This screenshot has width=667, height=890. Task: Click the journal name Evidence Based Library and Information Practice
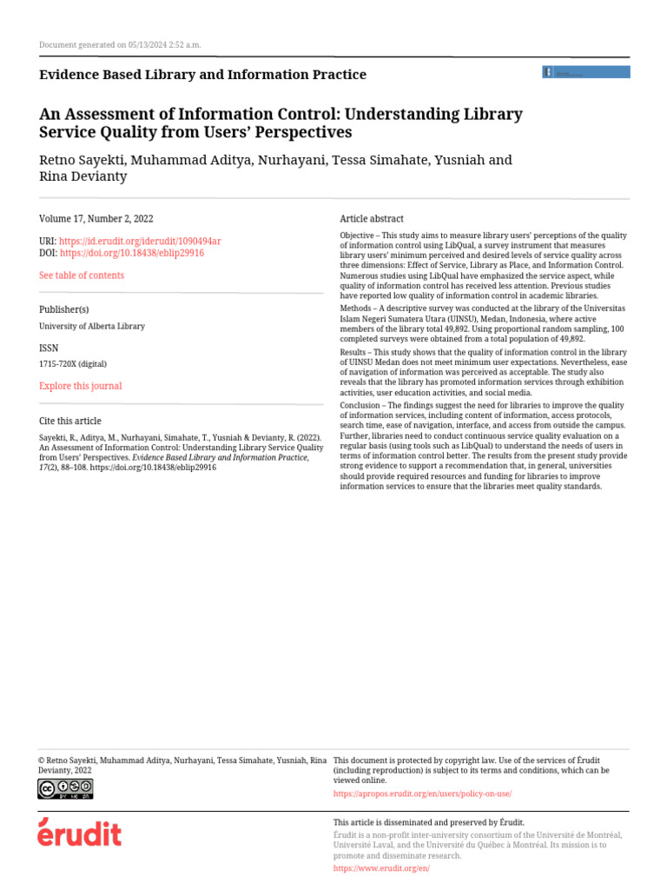click(202, 75)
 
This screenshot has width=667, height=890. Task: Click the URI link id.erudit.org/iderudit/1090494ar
click(140, 241)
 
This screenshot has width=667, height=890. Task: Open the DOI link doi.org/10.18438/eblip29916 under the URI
click(131, 253)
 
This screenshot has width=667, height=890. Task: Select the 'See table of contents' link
click(82, 276)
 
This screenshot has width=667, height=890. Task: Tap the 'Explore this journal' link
click(81, 386)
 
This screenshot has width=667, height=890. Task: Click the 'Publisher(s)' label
click(64, 309)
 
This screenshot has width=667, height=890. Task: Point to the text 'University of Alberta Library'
click(92, 326)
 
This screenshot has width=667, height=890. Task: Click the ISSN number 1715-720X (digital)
click(73, 364)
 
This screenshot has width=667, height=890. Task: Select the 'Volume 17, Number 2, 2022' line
click(96, 219)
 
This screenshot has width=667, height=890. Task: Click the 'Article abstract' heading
click(372, 219)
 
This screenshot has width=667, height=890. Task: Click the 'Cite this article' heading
click(70, 422)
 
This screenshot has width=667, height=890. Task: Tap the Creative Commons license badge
click(64, 788)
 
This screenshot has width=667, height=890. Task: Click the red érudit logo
click(79, 833)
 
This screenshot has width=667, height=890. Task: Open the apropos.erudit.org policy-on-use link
click(422, 794)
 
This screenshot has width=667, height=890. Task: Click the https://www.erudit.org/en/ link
click(381, 868)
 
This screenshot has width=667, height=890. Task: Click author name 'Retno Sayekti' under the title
click(82, 161)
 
